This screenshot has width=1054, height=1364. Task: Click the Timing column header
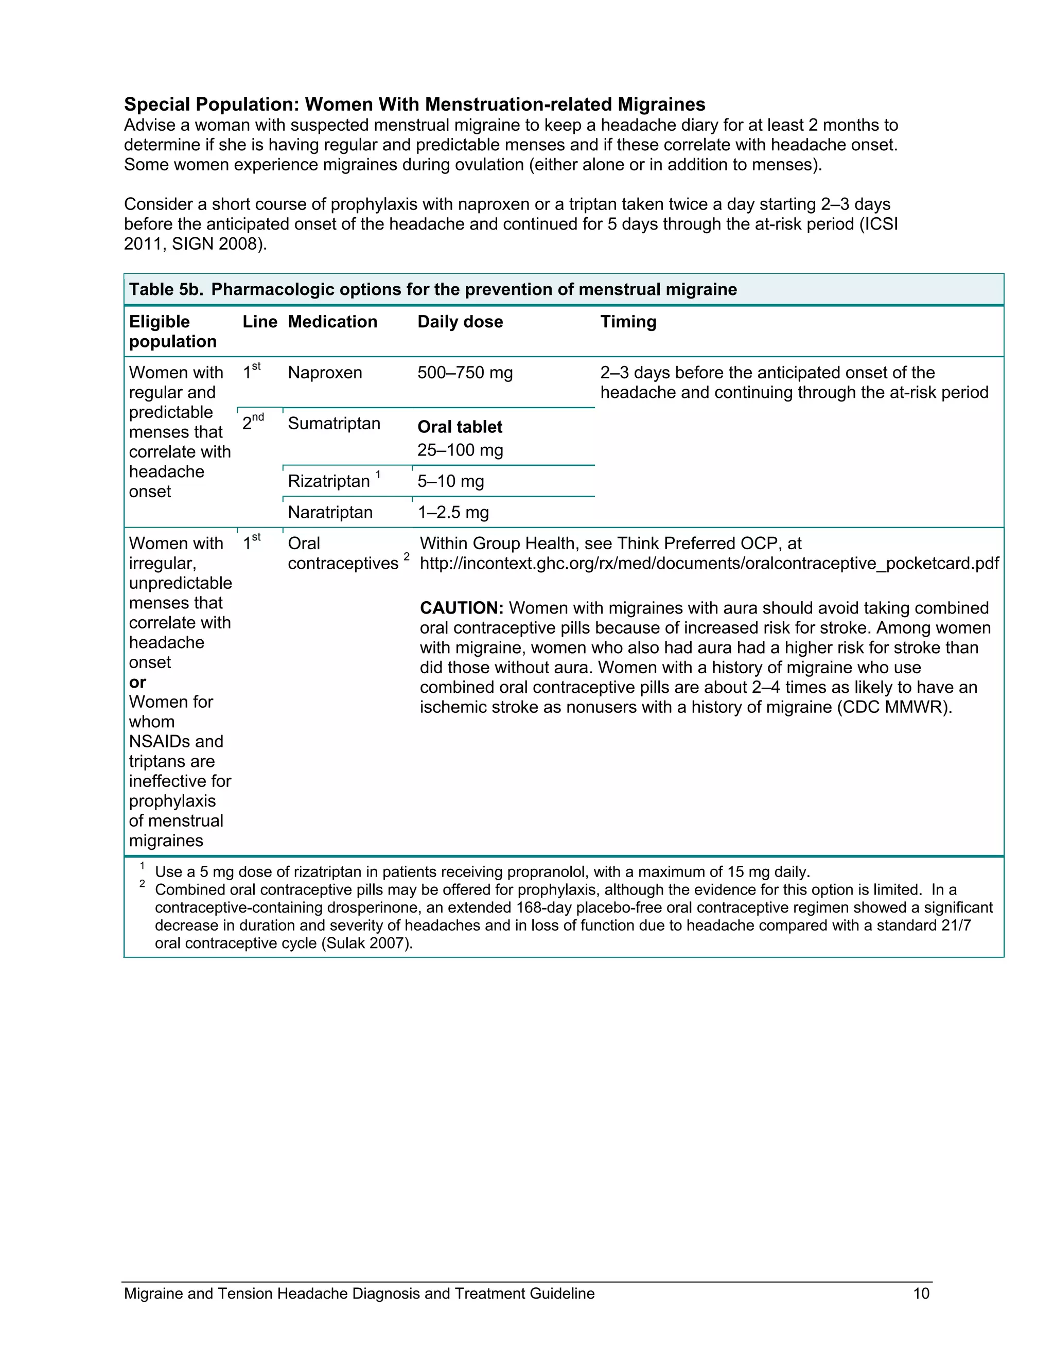coord(628,322)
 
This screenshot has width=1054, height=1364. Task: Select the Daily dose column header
coord(460,322)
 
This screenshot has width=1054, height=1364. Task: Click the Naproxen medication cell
coord(325,373)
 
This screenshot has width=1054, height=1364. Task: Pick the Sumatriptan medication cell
coord(333,424)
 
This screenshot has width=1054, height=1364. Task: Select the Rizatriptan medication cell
coord(329,481)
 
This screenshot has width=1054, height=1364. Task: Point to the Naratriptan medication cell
coord(330,512)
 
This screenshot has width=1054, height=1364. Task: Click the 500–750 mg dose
coord(465,373)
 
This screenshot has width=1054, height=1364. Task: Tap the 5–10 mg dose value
coord(451,481)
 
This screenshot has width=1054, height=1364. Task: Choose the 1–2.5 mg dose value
coord(453,512)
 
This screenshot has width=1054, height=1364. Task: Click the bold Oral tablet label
coord(460,427)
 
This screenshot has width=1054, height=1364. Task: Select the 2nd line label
coord(252,423)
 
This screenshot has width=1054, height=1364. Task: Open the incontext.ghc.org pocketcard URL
coord(709,563)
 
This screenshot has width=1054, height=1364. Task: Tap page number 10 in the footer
coord(921,1293)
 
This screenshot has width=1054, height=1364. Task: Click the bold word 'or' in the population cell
coord(137,682)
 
